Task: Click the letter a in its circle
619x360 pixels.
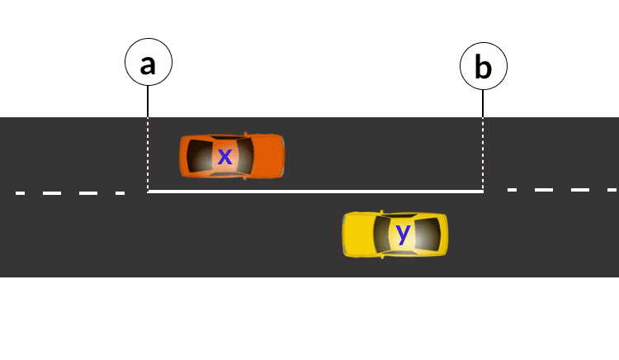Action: pos(148,64)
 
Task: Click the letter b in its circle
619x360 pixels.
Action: pos(483,67)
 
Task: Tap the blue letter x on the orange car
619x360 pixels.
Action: pos(224,155)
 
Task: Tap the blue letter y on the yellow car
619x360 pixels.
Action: pos(403,234)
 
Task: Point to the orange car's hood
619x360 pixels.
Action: pos(266,155)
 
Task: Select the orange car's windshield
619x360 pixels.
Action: pos(244,155)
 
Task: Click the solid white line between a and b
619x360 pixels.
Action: pos(314,192)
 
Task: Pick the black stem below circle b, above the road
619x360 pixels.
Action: pos(483,103)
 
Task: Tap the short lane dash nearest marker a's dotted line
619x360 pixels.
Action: pos(120,193)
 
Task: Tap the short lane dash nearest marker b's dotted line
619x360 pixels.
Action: pos(513,190)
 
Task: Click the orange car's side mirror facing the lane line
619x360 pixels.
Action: pos(244,178)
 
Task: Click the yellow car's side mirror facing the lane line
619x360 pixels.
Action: pos(384,212)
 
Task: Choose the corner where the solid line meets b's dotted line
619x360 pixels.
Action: pos(483,192)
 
